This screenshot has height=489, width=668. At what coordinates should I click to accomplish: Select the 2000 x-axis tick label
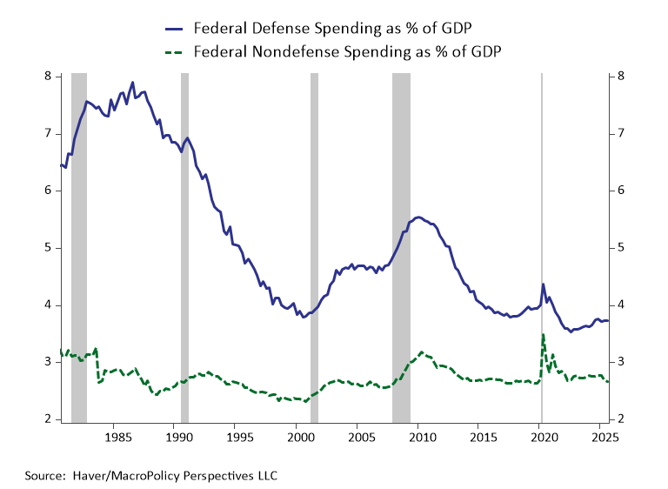(x=298, y=436)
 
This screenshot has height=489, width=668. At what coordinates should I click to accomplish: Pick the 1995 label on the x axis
(x=237, y=436)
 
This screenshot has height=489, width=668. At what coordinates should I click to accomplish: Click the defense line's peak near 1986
(x=132, y=83)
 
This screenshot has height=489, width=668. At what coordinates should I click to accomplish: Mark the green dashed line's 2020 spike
(x=544, y=335)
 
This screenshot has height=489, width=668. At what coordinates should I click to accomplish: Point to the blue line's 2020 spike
(x=544, y=285)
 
